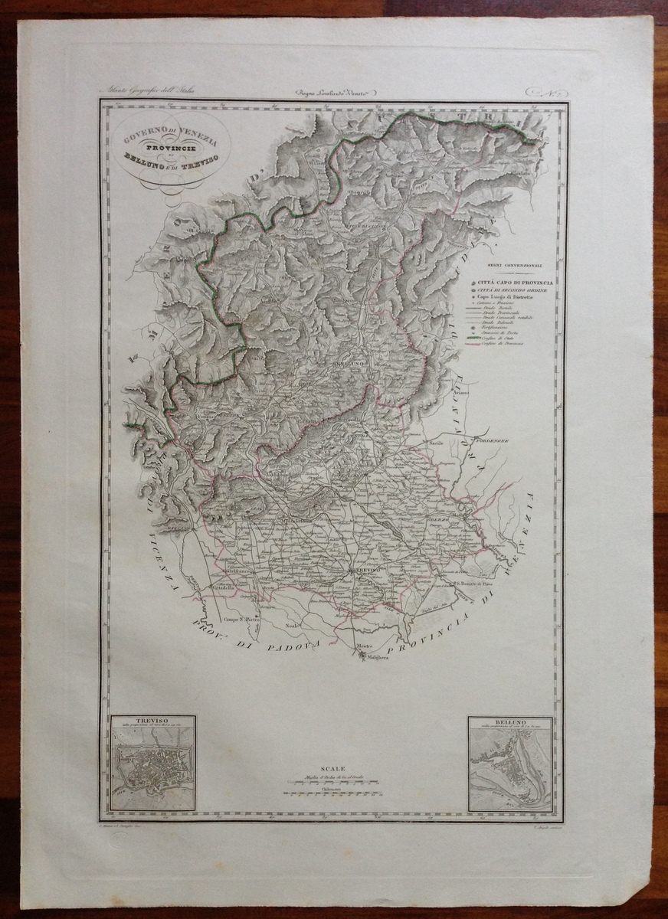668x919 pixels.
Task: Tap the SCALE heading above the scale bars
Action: [334, 768]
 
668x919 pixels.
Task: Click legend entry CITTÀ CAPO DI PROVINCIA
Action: [519, 283]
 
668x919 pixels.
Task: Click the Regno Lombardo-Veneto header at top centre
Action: [335, 93]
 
